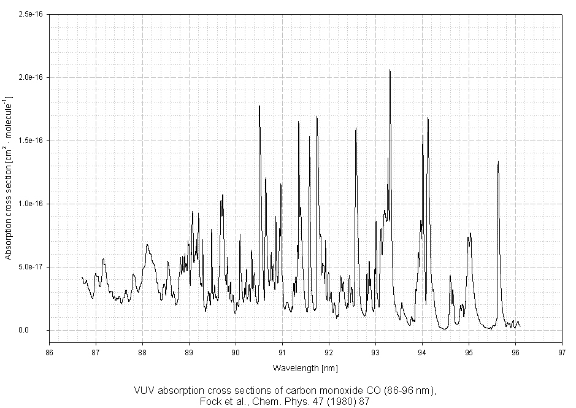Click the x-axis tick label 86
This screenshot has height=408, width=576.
(x=49, y=352)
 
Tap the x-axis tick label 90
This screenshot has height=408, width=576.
(x=236, y=352)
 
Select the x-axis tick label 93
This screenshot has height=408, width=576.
(x=375, y=352)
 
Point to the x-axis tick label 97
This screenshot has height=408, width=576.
(x=562, y=352)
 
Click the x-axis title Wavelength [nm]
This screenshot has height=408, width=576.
(x=305, y=368)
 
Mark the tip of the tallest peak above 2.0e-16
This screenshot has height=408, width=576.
(x=390, y=70)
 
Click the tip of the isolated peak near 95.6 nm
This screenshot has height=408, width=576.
(x=498, y=161)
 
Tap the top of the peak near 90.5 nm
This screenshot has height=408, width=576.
(x=259, y=106)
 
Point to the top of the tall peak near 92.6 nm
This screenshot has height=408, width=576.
(x=356, y=128)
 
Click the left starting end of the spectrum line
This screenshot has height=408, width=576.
(x=82, y=277)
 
